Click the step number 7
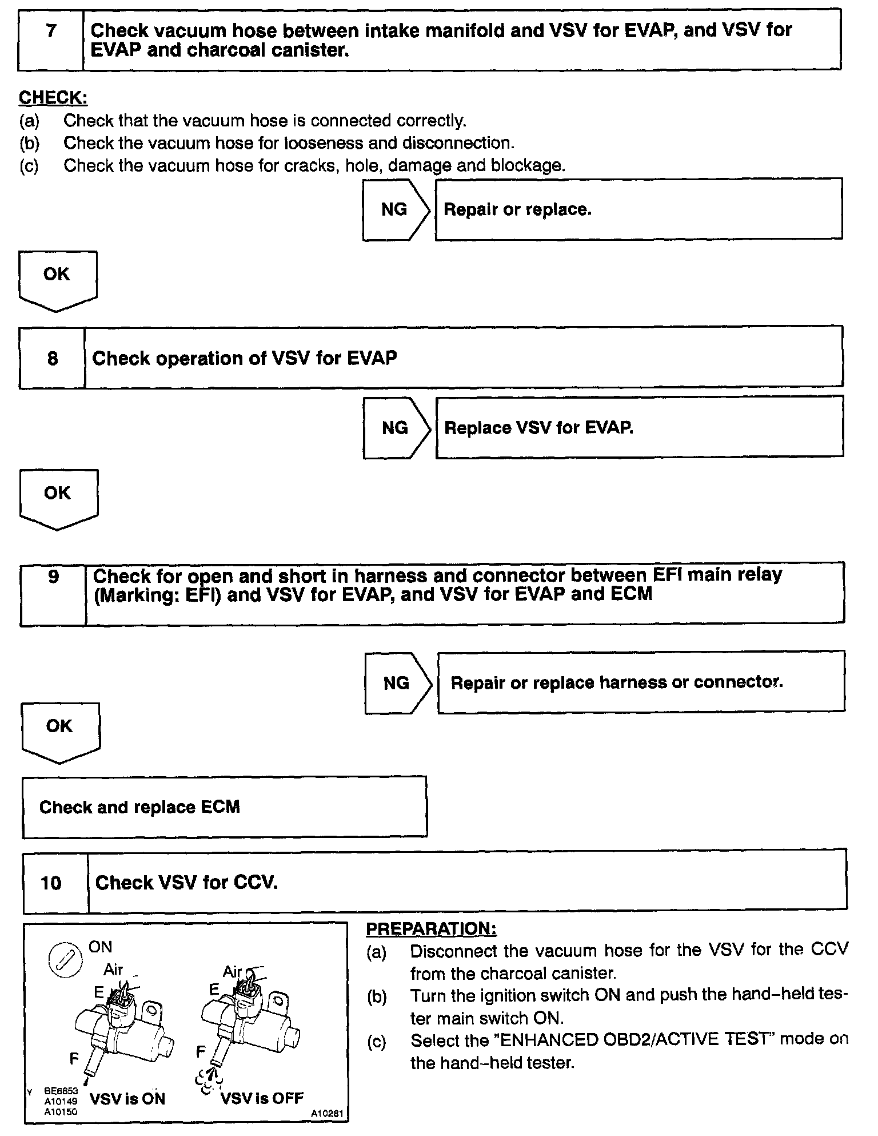coord(51,31)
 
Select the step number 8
coord(52,359)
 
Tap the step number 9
coord(53,576)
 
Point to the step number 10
coord(51,883)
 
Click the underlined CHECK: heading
coord(53,98)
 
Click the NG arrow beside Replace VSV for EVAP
coord(396,428)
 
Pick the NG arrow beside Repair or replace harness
coord(398,682)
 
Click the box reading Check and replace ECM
coord(224,807)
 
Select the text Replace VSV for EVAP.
coord(538,428)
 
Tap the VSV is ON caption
coord(127,1099)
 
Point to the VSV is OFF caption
coord(262,1098)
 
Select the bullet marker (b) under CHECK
coord(29,143)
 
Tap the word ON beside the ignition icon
coord(101,947)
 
